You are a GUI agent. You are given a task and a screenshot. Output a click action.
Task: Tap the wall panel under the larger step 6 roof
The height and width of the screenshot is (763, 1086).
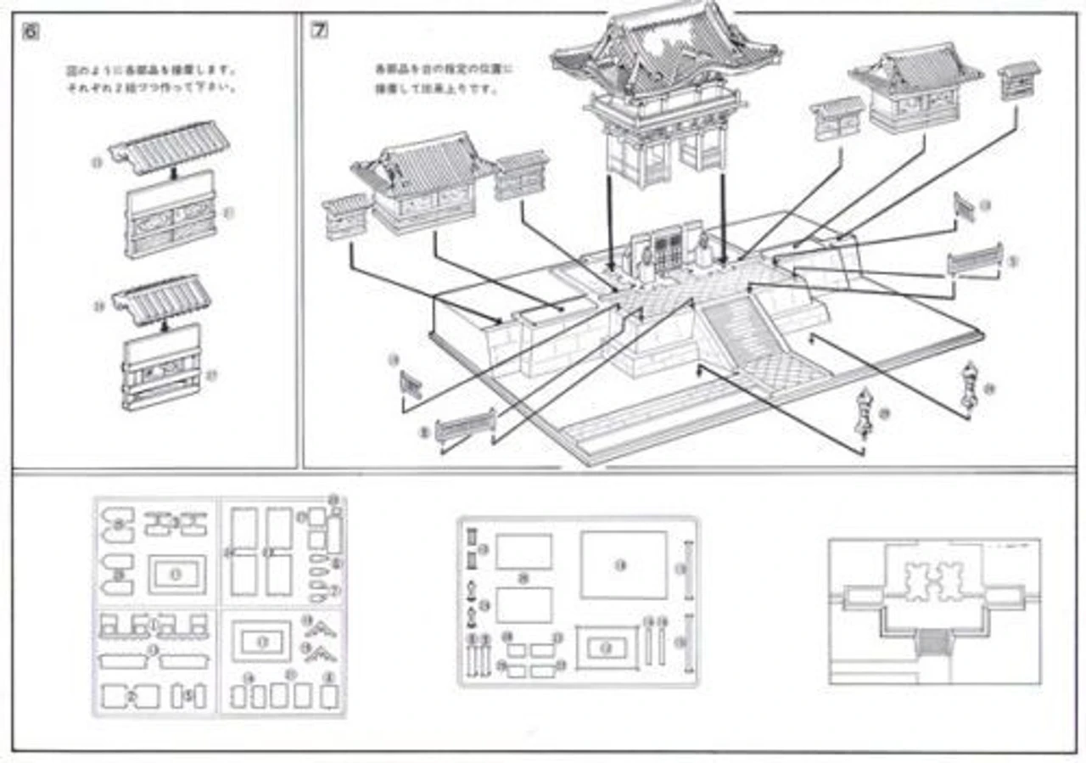tap(171, 213)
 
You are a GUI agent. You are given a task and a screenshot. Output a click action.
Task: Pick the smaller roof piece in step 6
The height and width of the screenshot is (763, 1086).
tap(162, 298)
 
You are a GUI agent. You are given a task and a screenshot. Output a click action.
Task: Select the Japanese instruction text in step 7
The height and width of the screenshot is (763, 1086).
tap(433, 78)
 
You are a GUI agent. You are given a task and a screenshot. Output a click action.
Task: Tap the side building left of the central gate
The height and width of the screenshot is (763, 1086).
tap(422, 182)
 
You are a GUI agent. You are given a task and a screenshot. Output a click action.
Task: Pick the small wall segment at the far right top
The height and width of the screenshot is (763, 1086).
tap(1018, 81)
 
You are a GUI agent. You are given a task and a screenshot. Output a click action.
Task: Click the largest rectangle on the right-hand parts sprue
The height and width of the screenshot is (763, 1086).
tap(624, 564)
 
